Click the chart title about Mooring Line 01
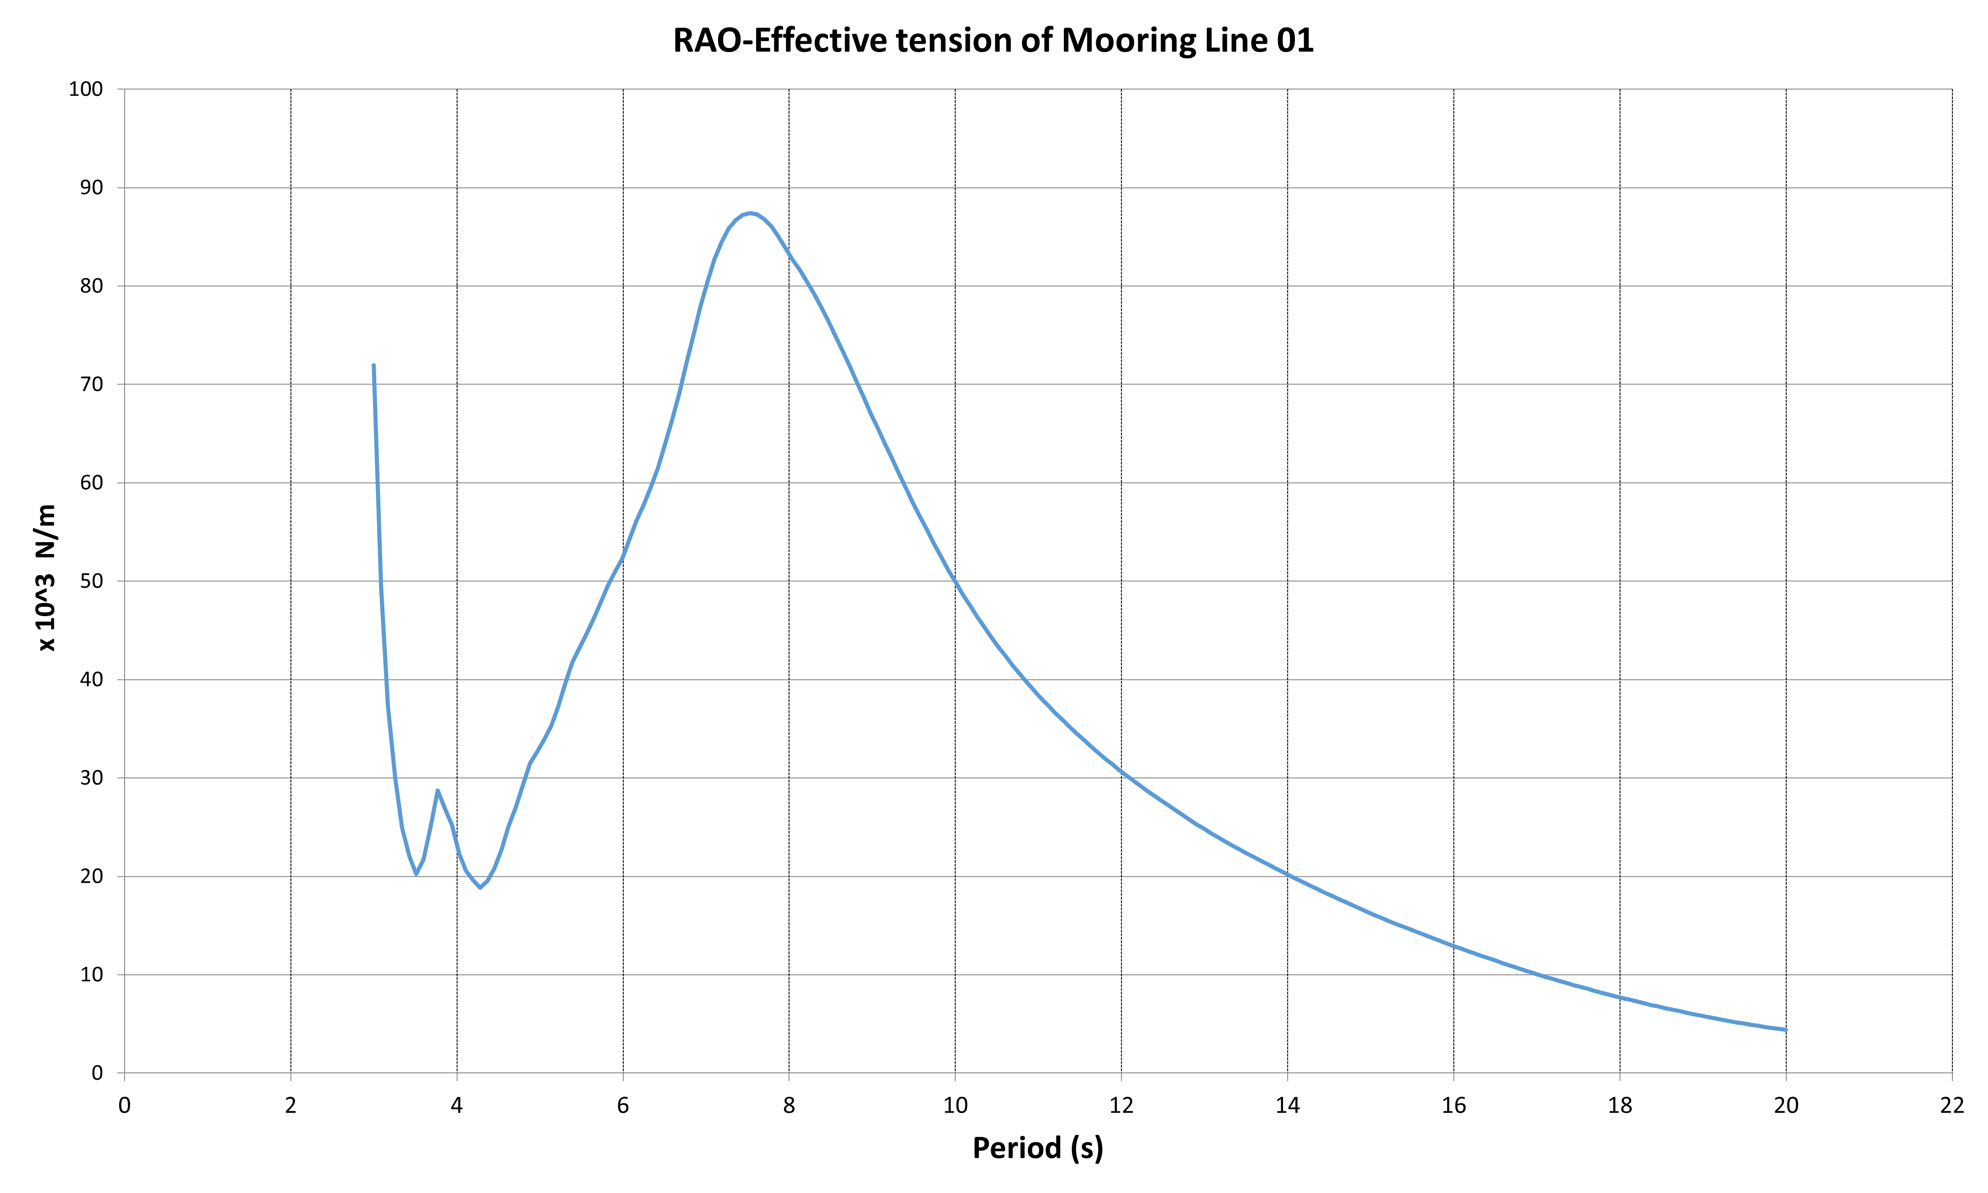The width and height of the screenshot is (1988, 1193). click(x=993, y=40)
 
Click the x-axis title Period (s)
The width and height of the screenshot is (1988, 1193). click(x=1037, y=1148)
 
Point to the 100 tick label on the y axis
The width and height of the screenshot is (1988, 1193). click(x=86, y=89)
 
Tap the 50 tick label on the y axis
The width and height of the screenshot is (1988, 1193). click(x=92, y=581)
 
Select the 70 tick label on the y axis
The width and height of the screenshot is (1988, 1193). click(x=92, y=384)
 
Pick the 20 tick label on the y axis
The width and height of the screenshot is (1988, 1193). click(x=92, y=876)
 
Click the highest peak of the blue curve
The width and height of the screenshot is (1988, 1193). click(x=750, y=213)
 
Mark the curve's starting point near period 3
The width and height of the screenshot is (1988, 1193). click(x=373, y=366)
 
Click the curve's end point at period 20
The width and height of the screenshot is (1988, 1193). click(x=1786, y=1030)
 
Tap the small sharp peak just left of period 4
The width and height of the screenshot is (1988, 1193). click(x=437, y=790)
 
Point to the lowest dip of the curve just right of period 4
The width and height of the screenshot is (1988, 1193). click(x=480, y=887)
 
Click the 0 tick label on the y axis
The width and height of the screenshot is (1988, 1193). click(x=98, y=1073)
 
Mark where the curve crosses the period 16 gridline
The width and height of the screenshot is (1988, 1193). click(x=1454, y=945)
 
